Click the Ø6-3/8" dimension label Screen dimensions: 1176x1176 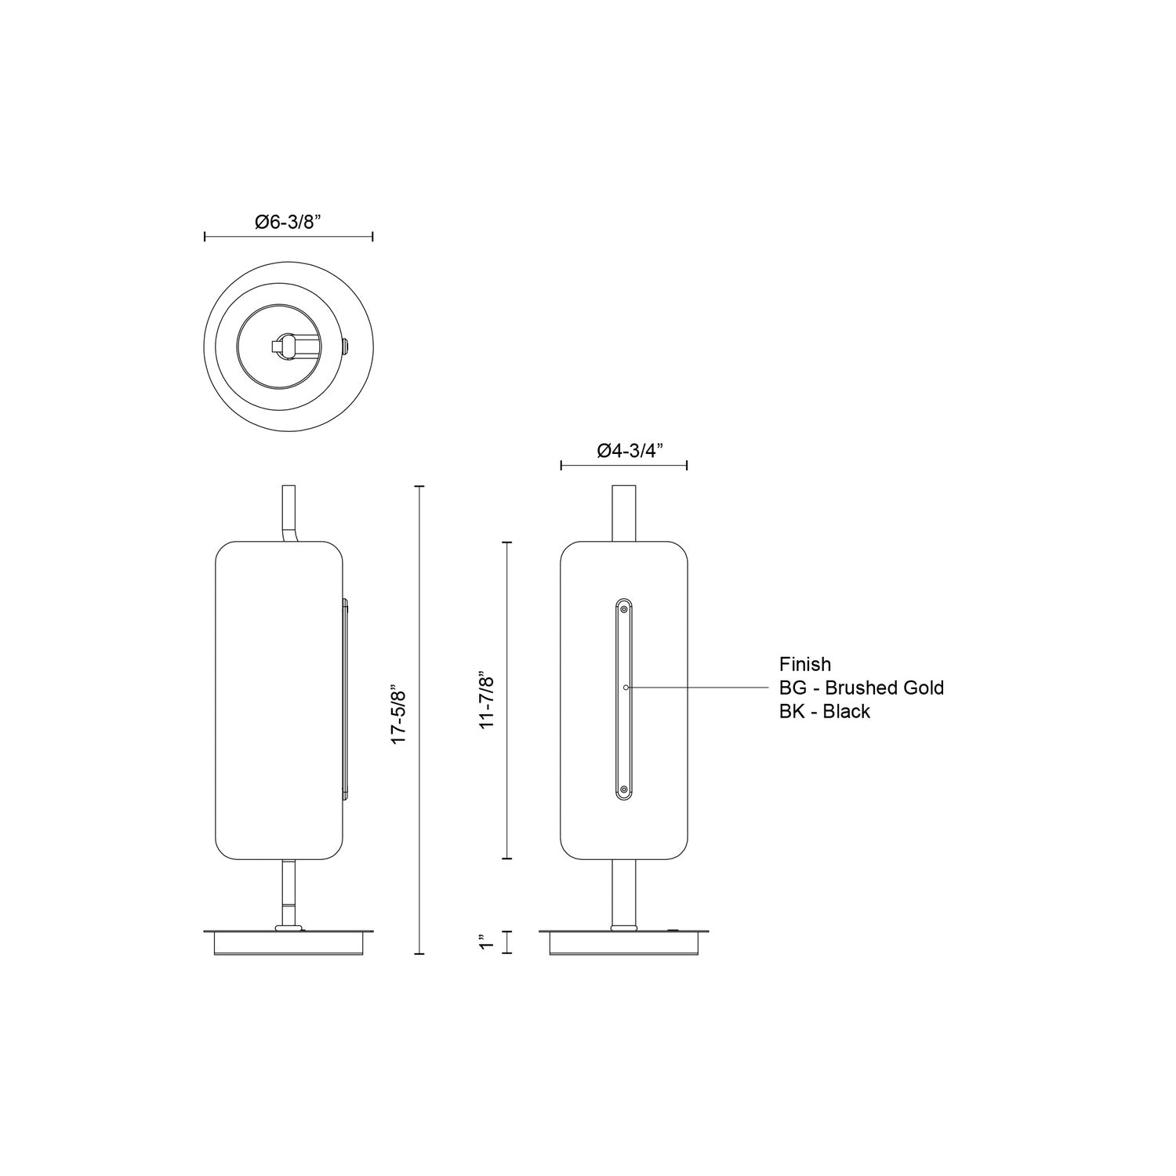pos(289,222)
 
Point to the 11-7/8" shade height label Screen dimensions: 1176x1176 pos(488,701)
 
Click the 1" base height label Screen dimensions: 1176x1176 pos(488,942)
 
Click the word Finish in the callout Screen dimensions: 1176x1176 pos(804,664)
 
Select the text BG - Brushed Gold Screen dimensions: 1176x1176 pos(861,688)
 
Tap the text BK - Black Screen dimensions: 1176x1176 pos(824,711)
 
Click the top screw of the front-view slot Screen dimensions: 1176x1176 pos(624,609)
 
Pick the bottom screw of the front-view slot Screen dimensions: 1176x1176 pos(624,789)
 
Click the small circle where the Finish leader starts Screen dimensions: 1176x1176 pos(625,688)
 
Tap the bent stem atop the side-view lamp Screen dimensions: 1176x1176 pos(290,514)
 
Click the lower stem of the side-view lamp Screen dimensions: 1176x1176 pos(289,893)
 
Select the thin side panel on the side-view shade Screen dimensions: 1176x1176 pos(344,699)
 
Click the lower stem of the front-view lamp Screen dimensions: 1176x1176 pos(623,893)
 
